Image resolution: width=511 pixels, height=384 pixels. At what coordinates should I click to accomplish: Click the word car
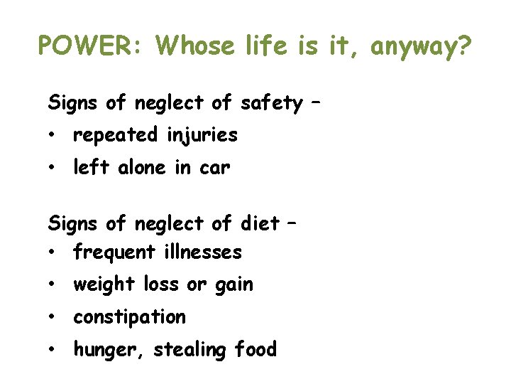(216, 169)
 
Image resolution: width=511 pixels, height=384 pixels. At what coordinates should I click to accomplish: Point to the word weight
(104, 285)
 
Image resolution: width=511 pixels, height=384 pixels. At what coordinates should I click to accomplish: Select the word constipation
(129, 317)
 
